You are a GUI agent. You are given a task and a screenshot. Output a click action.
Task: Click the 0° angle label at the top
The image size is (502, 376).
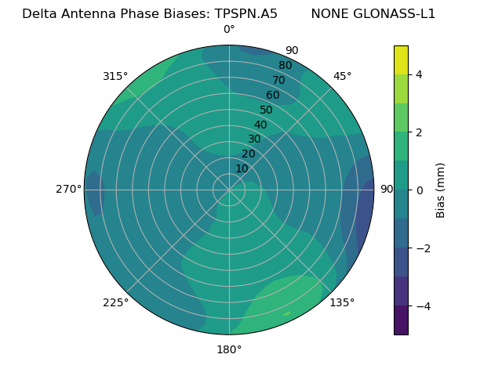[229, 30]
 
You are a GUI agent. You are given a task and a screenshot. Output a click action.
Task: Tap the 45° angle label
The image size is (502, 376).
[342, 76]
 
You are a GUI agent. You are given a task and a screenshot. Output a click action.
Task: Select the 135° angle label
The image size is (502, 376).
[342, 302]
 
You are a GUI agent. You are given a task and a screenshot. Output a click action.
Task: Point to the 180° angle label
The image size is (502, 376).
[229, 349]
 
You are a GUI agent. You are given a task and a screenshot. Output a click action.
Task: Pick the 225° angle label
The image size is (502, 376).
[115, 302]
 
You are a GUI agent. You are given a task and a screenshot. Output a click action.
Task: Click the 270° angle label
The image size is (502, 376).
[68, 189]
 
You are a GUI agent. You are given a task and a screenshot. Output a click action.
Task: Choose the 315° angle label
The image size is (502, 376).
[115, 76]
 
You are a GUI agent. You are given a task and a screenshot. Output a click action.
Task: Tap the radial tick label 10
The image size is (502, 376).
[242, 168]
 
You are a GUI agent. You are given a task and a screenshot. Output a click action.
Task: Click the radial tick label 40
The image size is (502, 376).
[260, 125]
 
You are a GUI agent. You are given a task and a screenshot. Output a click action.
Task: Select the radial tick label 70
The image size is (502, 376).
[278, 80]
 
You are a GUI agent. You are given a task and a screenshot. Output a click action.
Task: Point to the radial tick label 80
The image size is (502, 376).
[285, 65]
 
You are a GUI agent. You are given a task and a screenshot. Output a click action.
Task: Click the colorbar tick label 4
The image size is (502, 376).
[419, 74]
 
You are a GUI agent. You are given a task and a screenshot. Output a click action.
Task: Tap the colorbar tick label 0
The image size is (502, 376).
[419, 190]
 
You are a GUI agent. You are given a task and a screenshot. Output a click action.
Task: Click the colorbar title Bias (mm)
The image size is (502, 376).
[441, 190]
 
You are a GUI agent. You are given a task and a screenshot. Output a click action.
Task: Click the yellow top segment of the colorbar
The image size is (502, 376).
[401, 60]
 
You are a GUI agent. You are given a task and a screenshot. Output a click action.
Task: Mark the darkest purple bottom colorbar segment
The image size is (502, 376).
[401, 320]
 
